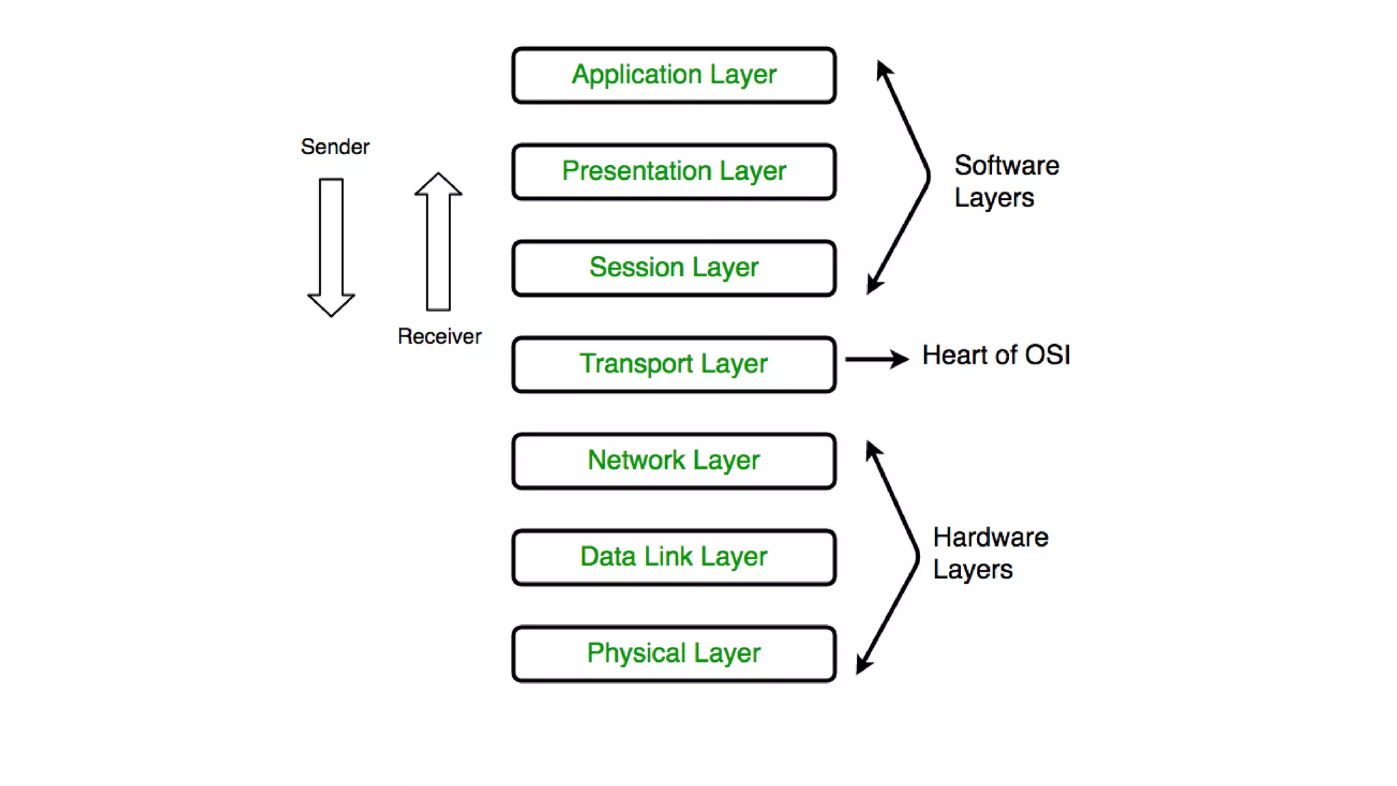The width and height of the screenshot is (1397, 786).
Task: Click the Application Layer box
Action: point(674,75)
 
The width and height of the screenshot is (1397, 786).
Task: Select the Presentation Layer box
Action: point(674,171)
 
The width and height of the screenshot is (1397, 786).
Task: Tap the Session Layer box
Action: point(674,267)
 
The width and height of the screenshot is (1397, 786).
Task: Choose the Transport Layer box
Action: point(674,364)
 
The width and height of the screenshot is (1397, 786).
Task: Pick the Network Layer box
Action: point(674,461)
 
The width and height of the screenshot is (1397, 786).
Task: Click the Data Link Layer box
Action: point(674,557)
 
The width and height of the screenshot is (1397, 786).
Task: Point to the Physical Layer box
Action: point(674,653)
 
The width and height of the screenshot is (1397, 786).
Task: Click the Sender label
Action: point(335,147)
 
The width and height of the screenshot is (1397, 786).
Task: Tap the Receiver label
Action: point(439,336)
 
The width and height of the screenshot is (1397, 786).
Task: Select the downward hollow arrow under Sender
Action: point(332,246)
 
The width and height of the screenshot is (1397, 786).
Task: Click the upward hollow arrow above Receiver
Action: point(438,242)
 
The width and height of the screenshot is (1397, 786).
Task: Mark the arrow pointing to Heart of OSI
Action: point(877,358)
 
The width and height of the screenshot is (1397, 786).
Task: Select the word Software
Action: point(1006,166)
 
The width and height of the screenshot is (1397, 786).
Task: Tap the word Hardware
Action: point(990,538)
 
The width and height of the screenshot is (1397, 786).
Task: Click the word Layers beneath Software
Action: point(994,198)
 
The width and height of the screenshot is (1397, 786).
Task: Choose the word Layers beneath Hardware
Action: point(973,570)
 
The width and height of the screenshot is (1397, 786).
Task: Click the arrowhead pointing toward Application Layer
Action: point(883,69)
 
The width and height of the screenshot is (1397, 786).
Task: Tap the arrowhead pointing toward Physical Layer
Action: point(864,665)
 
